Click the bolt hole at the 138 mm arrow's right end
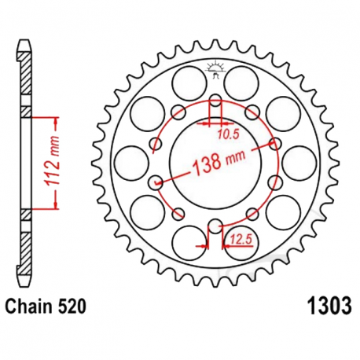click(274, 144)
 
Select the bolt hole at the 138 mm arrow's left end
click(156, 182)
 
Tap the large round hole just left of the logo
click(187, 79)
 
